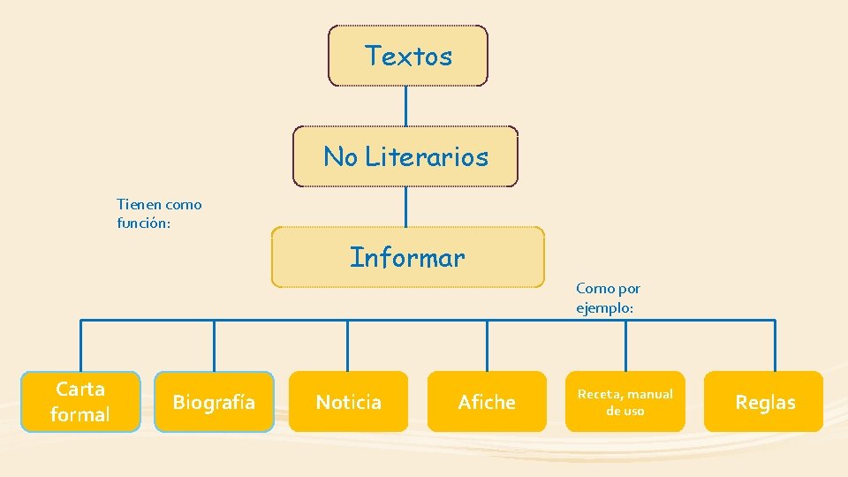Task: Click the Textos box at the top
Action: pyautogui.click(x=407, y=56)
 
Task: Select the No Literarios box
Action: pyautogui.click(x=405, y=156)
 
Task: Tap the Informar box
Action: pyautogui.click(x=407, y=258)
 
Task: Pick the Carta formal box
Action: pyautogui.click(x=80, y=402)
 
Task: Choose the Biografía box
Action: pyautogui.click(x=214, y=402)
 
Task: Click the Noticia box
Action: pyautogui.click(x=348, y=402)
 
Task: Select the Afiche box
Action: pyautogui.click(x=486, y=402)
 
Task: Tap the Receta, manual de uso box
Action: pyautogui.click(x=625, y=402)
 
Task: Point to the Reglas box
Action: pyautogui.click(x=765, y=402)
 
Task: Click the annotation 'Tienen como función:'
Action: pyautogui.click(x=159, y=214)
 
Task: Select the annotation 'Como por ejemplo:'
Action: pyautogui.click(x=608, y=298)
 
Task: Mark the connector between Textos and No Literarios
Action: pyautogui.click(x=405, y=106)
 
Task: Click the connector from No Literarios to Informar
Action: pyautogui.click(x=405, y=207)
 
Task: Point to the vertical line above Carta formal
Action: pyautogui.click(x=80, y=344)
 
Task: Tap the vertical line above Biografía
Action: pyautogui.click(x=214, y=344)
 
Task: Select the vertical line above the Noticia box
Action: pyautogui.click(x=347, y=344)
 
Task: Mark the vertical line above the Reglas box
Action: pyautogui.click(x=775, y=344)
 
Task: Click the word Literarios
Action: pyautogui.click(x=427, y=156)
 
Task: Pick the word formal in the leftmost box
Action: pyautogui.click(x=80, y=414)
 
